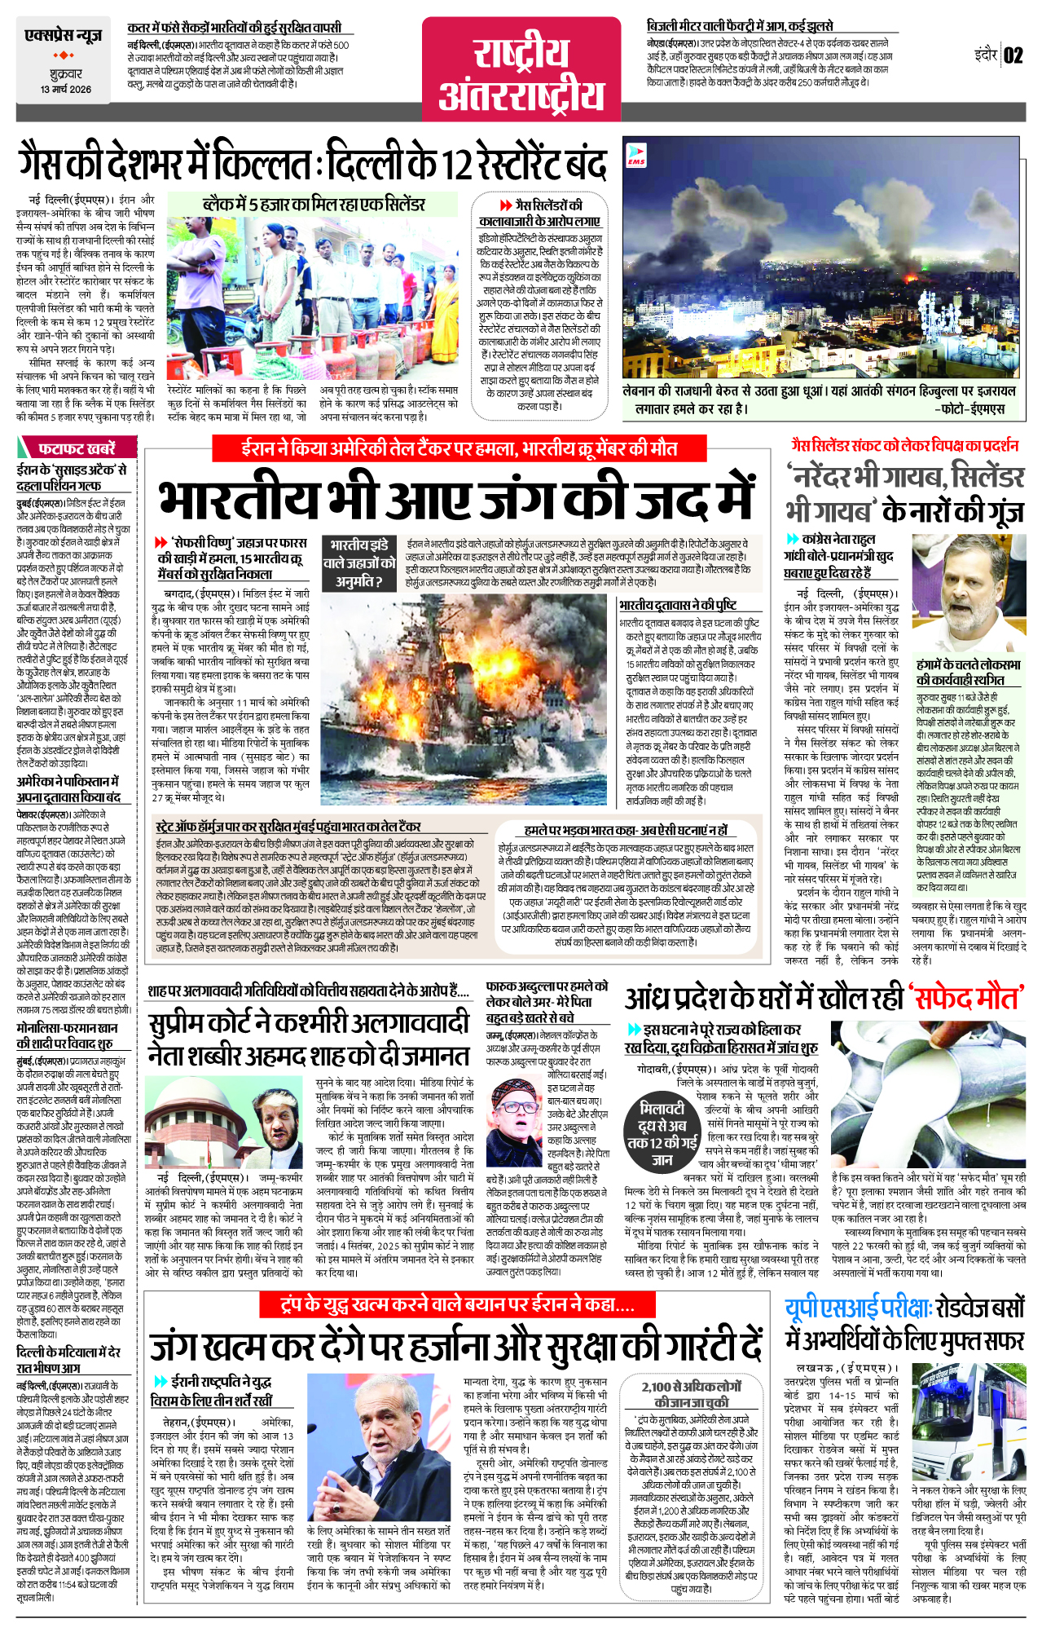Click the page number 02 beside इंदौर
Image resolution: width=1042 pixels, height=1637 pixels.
(x=1013, y=55)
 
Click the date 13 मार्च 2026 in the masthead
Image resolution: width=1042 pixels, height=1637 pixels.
(x=66, y=90)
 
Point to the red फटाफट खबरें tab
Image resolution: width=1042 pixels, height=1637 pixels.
(x=75, y=448)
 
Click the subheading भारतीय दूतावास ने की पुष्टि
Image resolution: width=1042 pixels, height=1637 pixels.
(x=678, y=605)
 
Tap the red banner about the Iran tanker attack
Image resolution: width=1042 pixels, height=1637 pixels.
(x=459, y=448)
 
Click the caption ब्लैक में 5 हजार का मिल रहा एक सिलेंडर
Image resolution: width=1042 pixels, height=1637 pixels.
(x=314, y=204)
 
